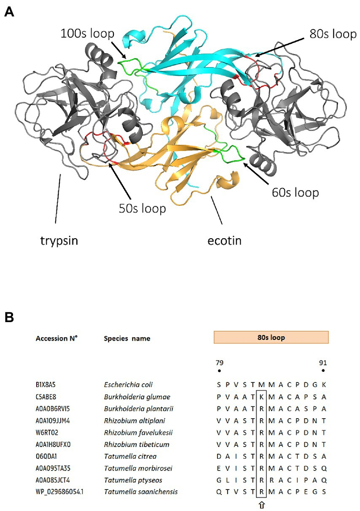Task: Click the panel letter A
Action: [x=9, y=12]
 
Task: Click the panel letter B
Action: [x=9, y=317]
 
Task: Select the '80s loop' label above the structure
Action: [x=333, y=34]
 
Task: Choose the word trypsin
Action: [x=56, y=241]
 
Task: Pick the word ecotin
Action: [x=224, y=241]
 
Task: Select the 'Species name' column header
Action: [x=126, y=338]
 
